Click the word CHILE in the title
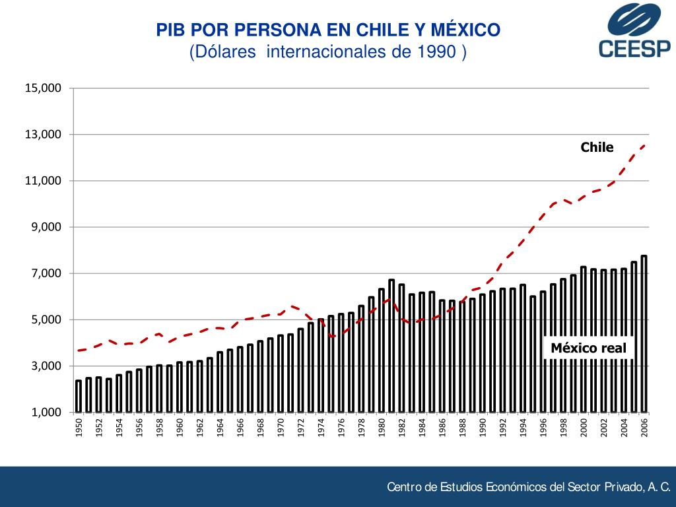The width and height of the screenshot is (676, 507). tap(379, 30)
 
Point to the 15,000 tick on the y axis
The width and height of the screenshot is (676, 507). tap(43, 88)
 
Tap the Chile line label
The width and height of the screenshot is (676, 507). tap(597, 147)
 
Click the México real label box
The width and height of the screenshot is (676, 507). tap(588, 348)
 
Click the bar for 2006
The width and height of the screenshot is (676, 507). tap(644, 333)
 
